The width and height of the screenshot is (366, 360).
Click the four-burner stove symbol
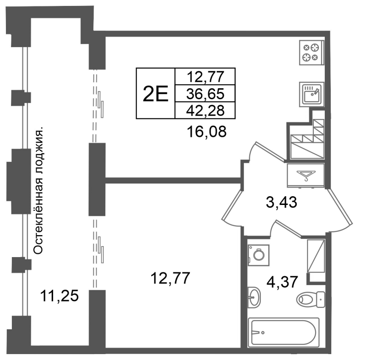pos(312,53)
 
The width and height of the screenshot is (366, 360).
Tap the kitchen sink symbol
pos(312,94)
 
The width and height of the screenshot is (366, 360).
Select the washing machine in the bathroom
pos(258,255)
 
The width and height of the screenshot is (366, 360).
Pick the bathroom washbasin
pos(254,297)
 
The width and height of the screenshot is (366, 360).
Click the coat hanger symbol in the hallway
pos(306,176)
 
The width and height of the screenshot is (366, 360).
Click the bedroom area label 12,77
pos(170,278)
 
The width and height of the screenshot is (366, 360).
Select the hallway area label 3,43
pos(281,202)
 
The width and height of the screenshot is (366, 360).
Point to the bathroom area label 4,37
pos(282,282)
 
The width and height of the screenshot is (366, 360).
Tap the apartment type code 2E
pos(156,94)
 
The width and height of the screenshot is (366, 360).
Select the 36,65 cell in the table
pos(205,94)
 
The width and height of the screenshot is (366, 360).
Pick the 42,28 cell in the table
pos(205,110)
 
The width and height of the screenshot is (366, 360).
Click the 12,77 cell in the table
pos(205,77)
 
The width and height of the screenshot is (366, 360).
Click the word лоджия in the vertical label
pos(38,151)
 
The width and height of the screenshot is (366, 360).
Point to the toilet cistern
pos(321,299)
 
